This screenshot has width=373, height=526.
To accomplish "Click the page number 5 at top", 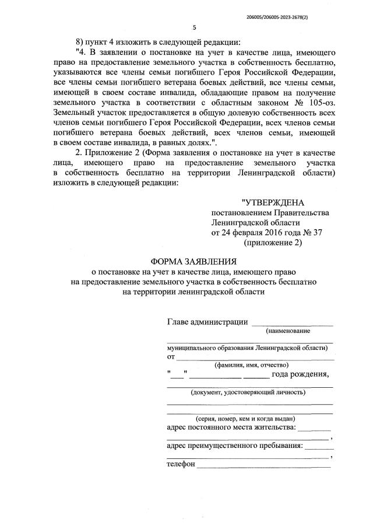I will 194,27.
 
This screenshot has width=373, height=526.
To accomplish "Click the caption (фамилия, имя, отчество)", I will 248,366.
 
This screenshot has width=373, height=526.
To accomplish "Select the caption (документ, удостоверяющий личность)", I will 248,392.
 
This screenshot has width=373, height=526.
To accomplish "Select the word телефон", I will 180,465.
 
